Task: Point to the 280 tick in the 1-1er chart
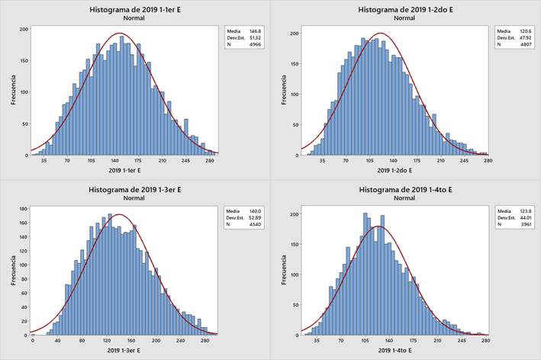coord(210,161)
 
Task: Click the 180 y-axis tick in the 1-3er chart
coord(23,208)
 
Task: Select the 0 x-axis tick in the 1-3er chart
coord(33,341)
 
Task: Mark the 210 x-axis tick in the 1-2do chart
coord(440,161)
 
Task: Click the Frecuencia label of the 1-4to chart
coord(284,271)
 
